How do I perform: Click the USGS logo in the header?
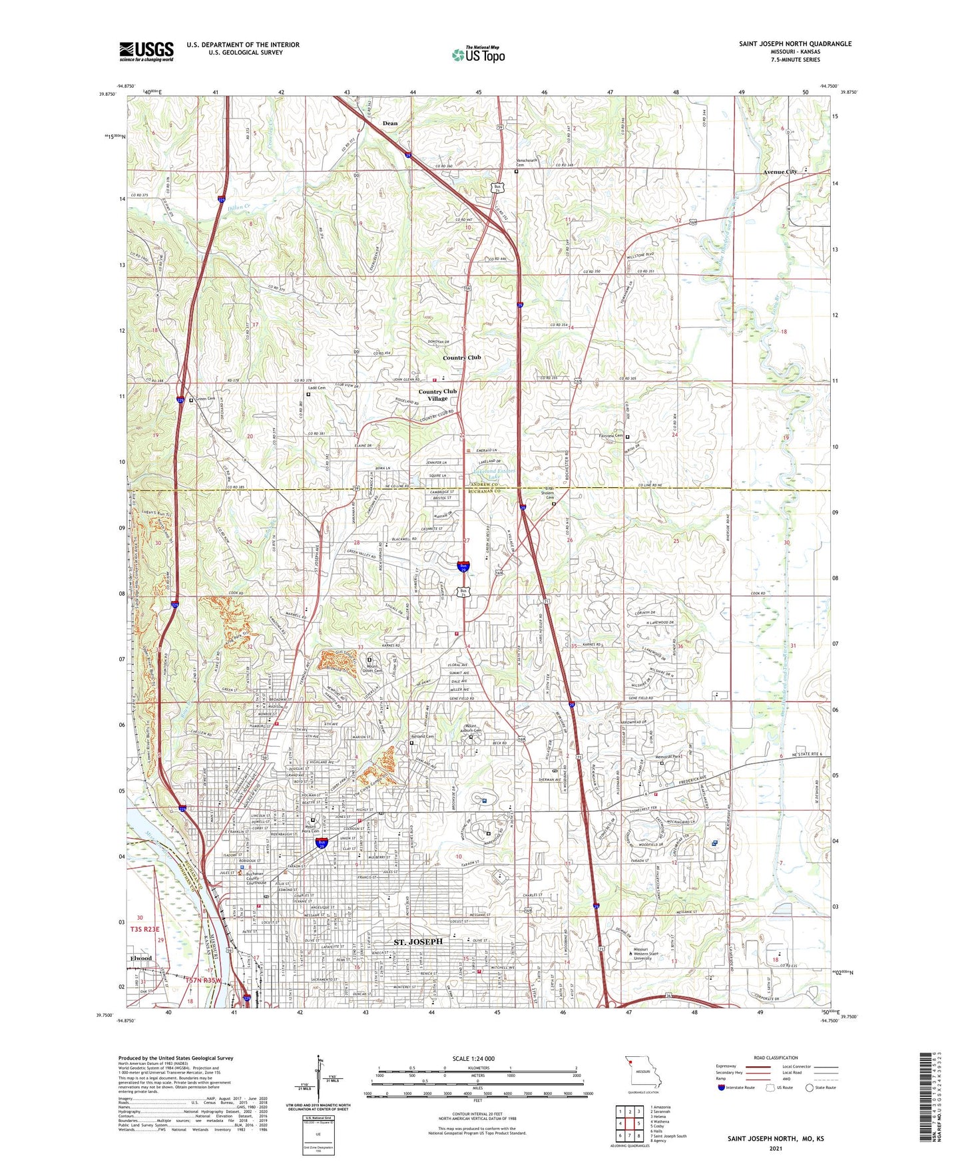pos(146,51)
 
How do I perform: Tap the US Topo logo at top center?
pos(478,55)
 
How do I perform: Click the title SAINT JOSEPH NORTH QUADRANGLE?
pos(795,44)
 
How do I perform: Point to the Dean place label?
pos(390,123)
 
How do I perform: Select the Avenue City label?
pos(780,172)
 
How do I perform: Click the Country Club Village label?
pos(437,395)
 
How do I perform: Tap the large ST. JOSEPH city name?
pos(418,942)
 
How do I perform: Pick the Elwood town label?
pos(141,958)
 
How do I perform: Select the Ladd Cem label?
pos(316,388)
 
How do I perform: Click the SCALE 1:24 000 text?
pos(473,1058)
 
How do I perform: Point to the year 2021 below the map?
pos(775,1149)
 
